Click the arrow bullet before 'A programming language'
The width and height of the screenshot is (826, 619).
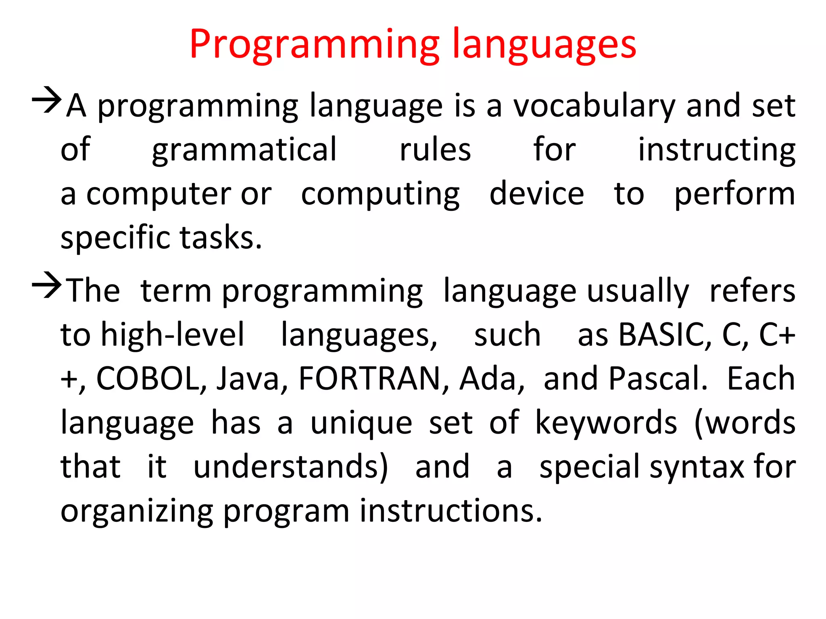click(47, 100)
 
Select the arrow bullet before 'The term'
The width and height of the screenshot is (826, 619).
click(47, 285)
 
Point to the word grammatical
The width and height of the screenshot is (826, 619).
click(244, 150)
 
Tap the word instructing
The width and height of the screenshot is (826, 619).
click(716, 150)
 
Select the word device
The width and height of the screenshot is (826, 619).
click(536, 194)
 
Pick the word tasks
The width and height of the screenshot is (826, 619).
click(221, 238)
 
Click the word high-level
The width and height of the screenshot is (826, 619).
click(173, 335)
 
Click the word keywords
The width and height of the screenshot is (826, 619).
click(606, 423)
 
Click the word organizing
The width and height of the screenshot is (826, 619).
click(137, 511)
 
